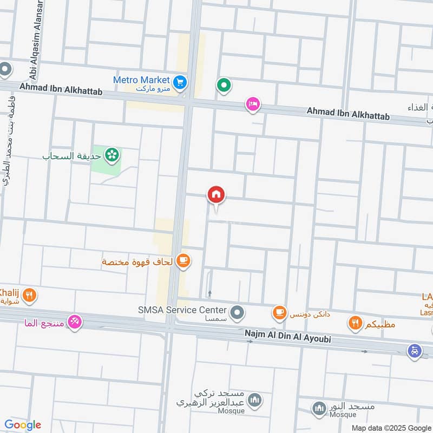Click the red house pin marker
(x=216, y=195)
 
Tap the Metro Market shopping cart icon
(x=181, y=82)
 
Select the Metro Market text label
(x=142, y=80)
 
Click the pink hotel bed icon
(x=252, y=104)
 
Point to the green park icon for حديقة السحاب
(x=112, y=156)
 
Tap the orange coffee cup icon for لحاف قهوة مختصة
(x=183, y=261)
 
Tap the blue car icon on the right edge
(x=415, y=350)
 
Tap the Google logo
(x=23, y=425)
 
